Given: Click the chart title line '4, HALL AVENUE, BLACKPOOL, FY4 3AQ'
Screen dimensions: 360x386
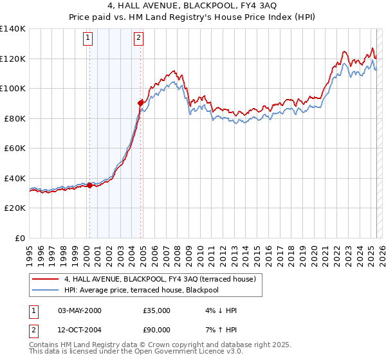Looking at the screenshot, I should [192, 7].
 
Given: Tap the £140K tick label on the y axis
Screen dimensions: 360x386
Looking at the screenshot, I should [12, 29].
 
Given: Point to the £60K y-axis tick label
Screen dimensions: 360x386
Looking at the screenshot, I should [14, 148].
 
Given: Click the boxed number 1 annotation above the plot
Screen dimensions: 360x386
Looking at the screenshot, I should [89, 38].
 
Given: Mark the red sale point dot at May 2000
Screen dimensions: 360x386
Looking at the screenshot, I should [89, 186].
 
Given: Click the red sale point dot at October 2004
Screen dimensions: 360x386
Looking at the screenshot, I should [140, 103].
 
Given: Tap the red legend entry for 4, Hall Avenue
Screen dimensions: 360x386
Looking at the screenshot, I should [160, 280].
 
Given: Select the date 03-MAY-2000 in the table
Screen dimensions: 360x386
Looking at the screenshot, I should [80, 310].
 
